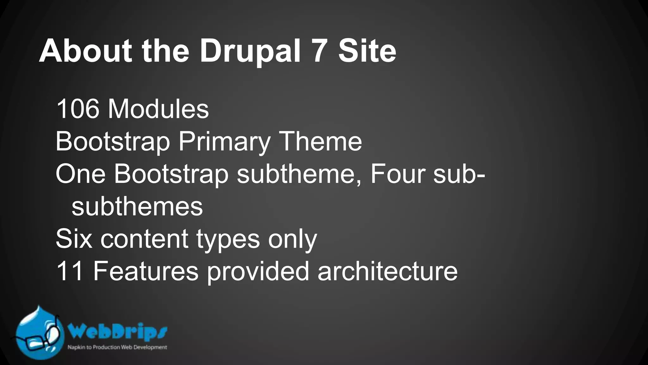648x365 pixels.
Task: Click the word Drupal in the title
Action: click(250, 52)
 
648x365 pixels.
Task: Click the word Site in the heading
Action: click(367, 52)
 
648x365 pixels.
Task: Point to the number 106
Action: click(78, 109)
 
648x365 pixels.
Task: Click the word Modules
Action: click(158, 109)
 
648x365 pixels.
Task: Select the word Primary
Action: click(224, 142)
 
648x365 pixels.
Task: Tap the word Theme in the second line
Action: click(320, 142)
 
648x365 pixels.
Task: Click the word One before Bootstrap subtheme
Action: click(80, 174)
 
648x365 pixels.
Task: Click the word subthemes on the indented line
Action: click(137, 207)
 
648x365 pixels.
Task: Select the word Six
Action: click(74, 239)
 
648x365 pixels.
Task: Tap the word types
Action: click(228, 240)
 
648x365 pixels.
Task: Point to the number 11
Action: click(70, 271)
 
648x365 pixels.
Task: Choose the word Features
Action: click(146, 271)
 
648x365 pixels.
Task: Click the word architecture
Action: click(388, 271)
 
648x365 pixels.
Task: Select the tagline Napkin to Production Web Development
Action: click(117, 347)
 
